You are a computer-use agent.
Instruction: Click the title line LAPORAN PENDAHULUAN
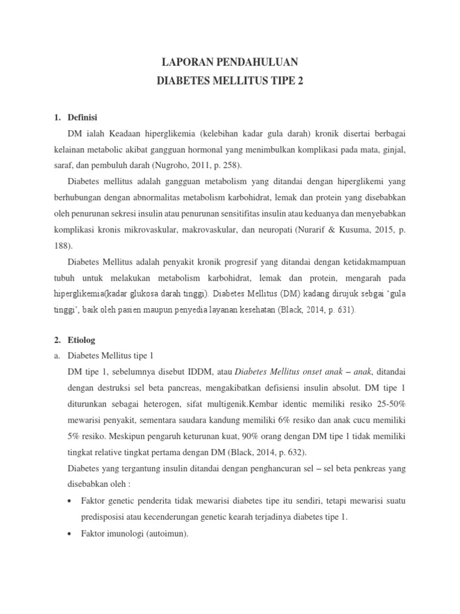pos(230,62)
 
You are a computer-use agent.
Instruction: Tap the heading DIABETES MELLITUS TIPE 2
pos(230,81)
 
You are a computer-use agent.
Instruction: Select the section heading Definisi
pos(83,117)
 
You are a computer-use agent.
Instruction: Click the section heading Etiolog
pos(82,340)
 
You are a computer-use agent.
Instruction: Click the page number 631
pos(343,311)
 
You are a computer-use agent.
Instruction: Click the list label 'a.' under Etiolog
pos(57,355)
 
